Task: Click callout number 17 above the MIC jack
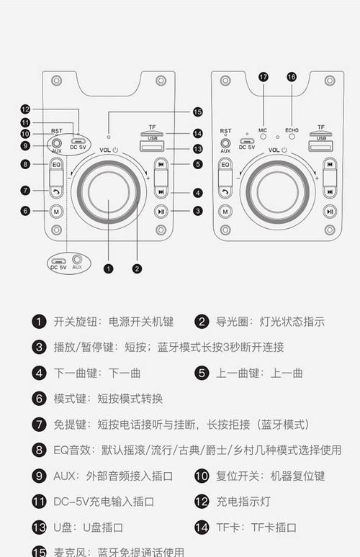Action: coord(263,76)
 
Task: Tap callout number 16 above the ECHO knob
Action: coord(292,76)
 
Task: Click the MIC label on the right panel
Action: coord(263,130)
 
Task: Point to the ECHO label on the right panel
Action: coord(292,130)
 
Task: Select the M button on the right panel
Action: coord(225,211)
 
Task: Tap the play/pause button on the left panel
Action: coord(161,211)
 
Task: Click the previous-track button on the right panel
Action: coord(329,164)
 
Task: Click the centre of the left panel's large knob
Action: coord(109,191)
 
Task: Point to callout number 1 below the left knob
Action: coord(109,268)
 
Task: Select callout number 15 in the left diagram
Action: coord(198,112)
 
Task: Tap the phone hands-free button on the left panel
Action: coord(56,191)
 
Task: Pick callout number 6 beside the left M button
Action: coord(25,211)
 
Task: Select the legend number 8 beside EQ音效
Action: coord(39,450)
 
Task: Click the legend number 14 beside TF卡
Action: coord(202,527)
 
